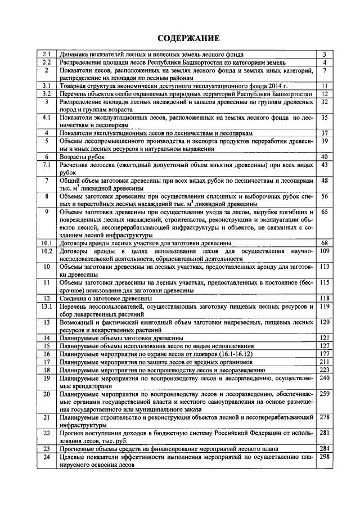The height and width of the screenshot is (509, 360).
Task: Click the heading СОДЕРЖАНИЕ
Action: pyautogui.click(x=180, y=38)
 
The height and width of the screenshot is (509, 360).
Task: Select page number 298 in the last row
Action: pyautogui.click(x=324, y=457)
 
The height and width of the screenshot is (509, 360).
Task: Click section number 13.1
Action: pyautogui.click(x=47, y=307)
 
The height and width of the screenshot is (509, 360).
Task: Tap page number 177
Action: pyautogui.click(x=324, y=354)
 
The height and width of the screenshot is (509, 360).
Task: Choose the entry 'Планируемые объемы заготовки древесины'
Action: pyautogui.click(x=117, y=337)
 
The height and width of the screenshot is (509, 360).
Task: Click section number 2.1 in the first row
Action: pyautogui.click(x=47, y=54)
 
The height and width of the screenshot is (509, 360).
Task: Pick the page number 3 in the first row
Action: pyautogui.click(x=324, y=54)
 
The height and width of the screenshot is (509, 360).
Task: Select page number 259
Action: pyautogui.click(x=324, y=394)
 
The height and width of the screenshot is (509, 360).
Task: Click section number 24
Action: pyautogui.click(x=47, y=457)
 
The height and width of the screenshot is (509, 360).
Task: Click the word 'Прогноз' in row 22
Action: pyautogui.click(x=73, y=433)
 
